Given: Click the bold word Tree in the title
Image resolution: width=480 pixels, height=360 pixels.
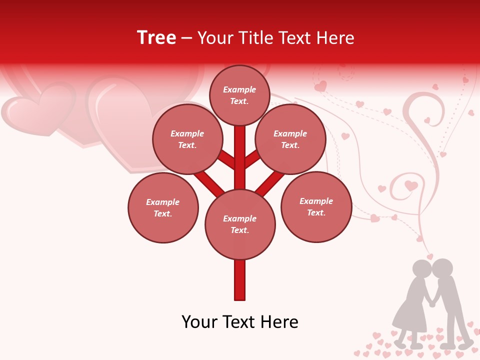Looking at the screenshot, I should pyautogui.click(x=156, y=38).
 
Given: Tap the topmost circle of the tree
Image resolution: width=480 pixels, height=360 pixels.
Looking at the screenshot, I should pyautogui.click(x=239, y=95).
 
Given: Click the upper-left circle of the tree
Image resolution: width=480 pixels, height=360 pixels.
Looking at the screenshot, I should pyautogui.click(x=187, y=139).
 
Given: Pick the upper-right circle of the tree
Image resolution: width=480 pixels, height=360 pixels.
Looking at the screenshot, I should pyautogui.click(x=290, y=139).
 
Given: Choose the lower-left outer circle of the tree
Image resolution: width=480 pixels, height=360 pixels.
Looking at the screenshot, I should pyautogui.click(x=163, y=207).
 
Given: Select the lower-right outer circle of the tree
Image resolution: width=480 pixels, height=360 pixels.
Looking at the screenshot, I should pyautogui.click(x=316, y=206).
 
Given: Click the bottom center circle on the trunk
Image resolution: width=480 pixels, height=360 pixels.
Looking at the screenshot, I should pyautogui.click(x=240, y=224).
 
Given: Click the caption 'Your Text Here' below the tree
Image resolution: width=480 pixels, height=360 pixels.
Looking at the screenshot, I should pyautogui.click(x=240, y=322).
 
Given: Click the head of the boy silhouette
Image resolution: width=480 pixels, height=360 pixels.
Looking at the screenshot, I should pyautogui.click(x=442, y=268).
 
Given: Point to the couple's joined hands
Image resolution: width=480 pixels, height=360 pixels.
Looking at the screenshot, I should pyautogui.click(x=432, y=303).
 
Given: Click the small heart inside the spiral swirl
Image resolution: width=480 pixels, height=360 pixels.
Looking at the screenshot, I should pyautogui.click(x=411, y=185).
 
